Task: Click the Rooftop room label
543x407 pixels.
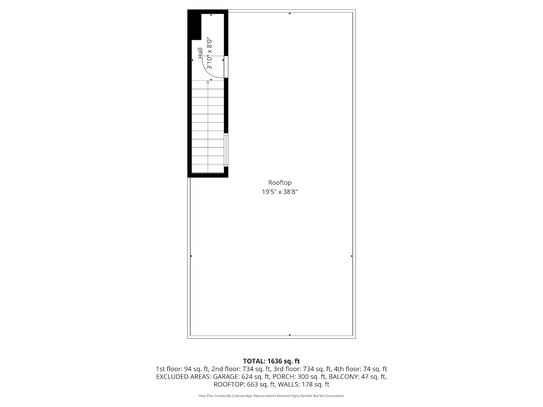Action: click(280, 183)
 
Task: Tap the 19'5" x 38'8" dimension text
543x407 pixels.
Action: click(280, 192)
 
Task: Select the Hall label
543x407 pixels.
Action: click(200, 53)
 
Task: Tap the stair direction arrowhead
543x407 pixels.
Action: click(208, 82)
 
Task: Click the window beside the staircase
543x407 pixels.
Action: click(226, 150)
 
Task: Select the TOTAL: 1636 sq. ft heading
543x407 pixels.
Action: click(271, 361)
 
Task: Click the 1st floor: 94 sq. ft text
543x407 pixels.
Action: click(182, 369)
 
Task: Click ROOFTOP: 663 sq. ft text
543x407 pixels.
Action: click(244, 384)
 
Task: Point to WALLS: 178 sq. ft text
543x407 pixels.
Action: click(304, 384)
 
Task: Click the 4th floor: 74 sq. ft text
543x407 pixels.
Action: click(360, 369)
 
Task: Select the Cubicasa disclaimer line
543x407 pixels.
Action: click(271, 396)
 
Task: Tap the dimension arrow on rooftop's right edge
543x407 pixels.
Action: click(352, 256)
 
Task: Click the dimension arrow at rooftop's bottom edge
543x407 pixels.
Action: click(290, 335)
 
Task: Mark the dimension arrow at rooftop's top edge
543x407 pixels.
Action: click(290, 13)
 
